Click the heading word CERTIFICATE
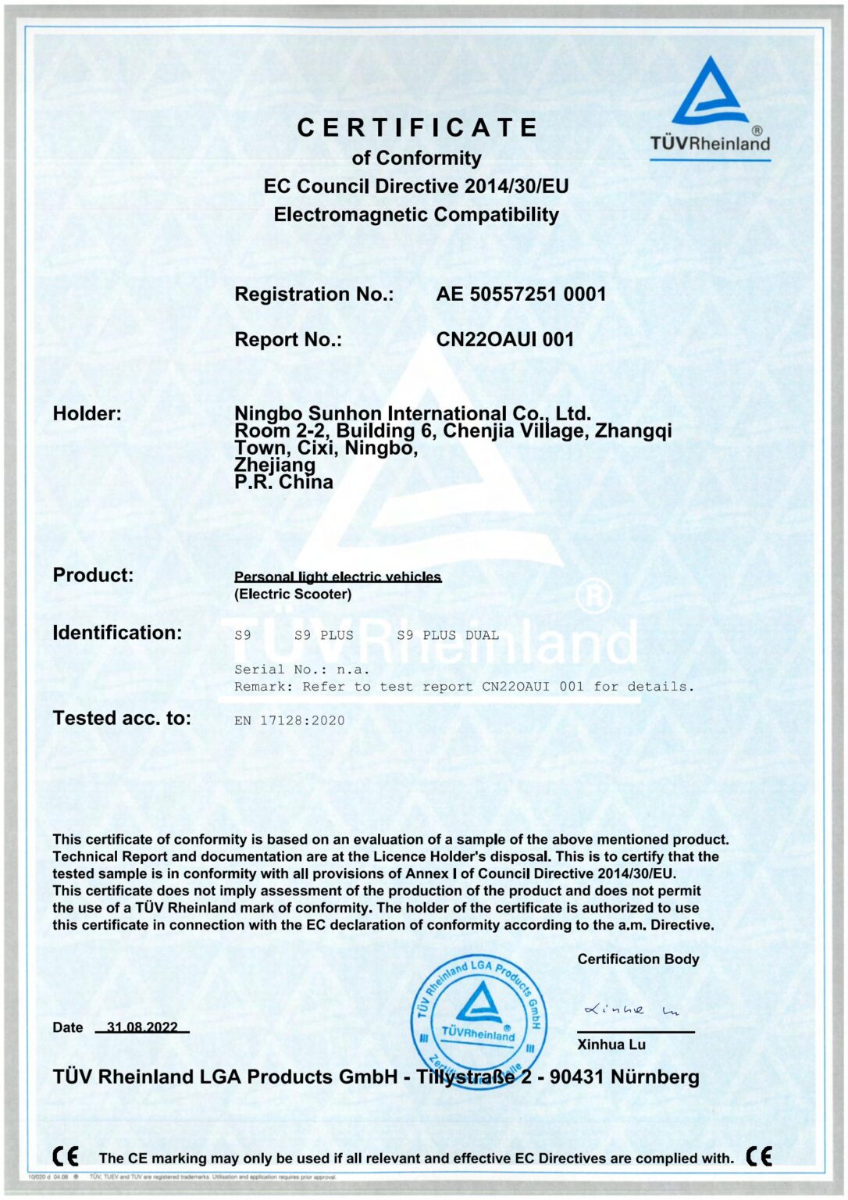click(x=417, y=127)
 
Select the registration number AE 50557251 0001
click(x=521, y=295)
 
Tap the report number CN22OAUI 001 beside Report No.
click(x=504, y=340)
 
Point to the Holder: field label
click(x=87, y=413)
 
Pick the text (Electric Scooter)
click(x=293, y=595)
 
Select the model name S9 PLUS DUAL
click(x=447, y=635)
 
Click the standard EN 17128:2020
click(x=289, y=720)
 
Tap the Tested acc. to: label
click(x=122, y=718)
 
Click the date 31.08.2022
click(x=142, y=1027)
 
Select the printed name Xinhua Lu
click(x=611, y=1045)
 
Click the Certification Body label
click(x=638, y=959)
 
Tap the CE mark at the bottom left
click(x=66, y=1156)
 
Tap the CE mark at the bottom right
click(x=758, y=1156)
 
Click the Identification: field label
click(x=117, y=633)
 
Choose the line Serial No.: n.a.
click(x=301, y=670)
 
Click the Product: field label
click(x=93, y=575)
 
